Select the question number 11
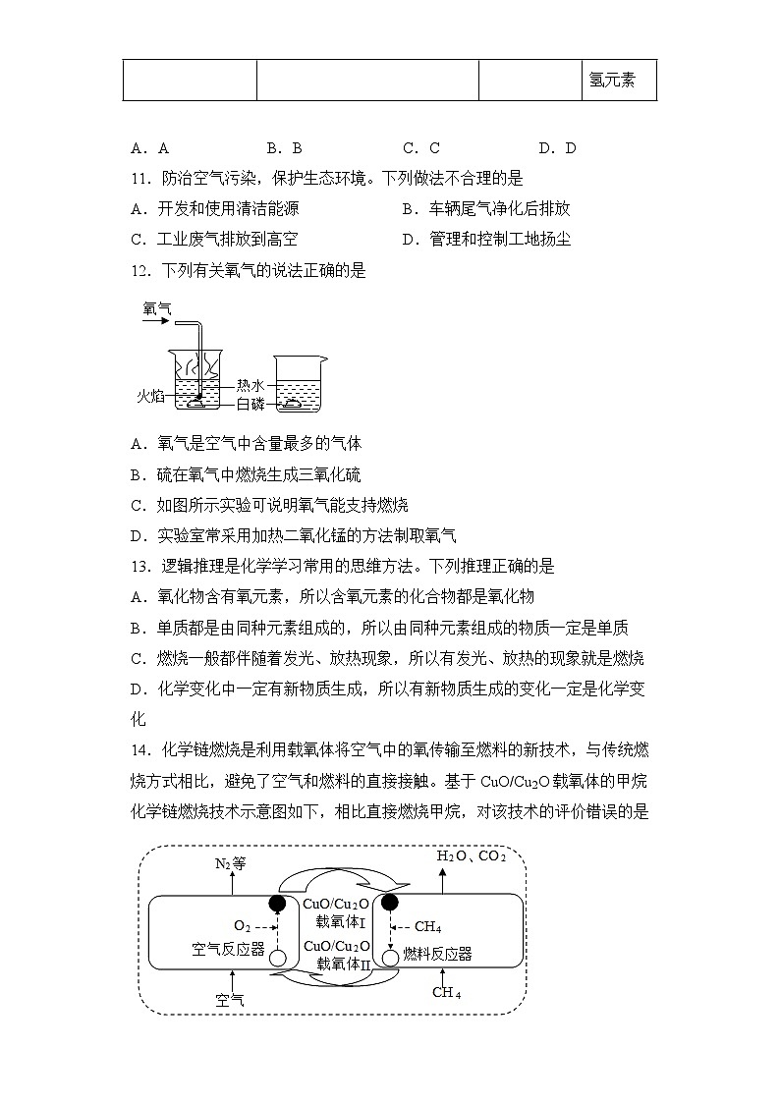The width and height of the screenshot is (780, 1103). (139, 179)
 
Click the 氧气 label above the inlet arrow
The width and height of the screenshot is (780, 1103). (156, 308)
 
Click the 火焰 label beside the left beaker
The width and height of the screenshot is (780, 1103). (150, 395)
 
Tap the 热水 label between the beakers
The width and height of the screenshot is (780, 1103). (250, 386)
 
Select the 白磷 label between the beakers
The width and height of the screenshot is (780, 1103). (250, 404)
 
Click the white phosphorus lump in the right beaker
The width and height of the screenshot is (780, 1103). (294, 403)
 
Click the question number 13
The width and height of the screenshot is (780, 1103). (139, 566)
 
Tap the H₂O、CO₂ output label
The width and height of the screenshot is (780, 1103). (471, 856)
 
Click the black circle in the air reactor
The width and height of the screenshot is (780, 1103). (278, 904)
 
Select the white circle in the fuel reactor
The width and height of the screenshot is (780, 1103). (390, 957)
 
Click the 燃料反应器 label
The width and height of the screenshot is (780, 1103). (437, 954)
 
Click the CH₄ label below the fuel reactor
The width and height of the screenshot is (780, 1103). (446, 992)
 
